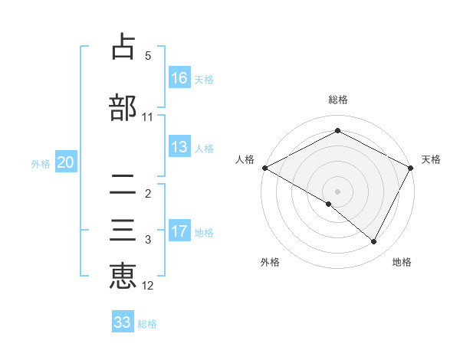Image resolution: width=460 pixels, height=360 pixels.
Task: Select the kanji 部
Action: [x=123, y=106]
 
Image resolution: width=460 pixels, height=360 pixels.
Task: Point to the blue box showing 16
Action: [x=179, y=77]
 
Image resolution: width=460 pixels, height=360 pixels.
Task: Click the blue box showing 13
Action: [x=179, y=147]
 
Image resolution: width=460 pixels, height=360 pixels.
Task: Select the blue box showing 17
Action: [x=179, y=231]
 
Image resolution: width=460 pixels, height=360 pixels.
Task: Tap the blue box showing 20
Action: [x=66, y=162]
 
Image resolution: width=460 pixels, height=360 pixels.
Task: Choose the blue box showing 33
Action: [x=123, y=322]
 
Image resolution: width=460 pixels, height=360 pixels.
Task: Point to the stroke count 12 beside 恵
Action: [x=148, y=286]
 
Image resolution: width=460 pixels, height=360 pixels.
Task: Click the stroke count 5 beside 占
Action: [x=148, y=56]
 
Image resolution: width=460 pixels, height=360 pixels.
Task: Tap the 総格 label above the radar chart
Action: [x=338, y=100]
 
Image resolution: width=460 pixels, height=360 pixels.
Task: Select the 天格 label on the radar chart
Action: [x=431, y=159]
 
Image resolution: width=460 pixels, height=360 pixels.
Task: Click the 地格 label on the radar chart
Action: [x=402, y=262]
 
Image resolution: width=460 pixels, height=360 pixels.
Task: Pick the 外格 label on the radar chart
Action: [x=270, y=262]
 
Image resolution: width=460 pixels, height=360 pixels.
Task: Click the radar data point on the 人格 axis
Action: [x=264, y=168]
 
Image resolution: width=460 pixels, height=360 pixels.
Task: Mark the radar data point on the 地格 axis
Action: [x=374, y=241]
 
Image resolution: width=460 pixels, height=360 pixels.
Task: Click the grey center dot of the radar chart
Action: [x=337, y=191]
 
